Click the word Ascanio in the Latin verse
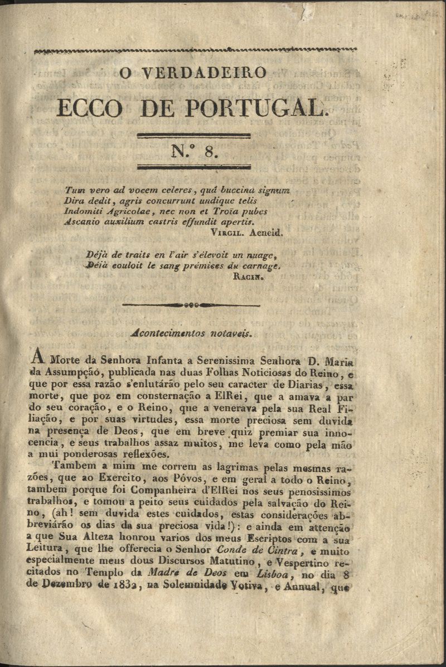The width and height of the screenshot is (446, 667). tap(82, 222)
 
